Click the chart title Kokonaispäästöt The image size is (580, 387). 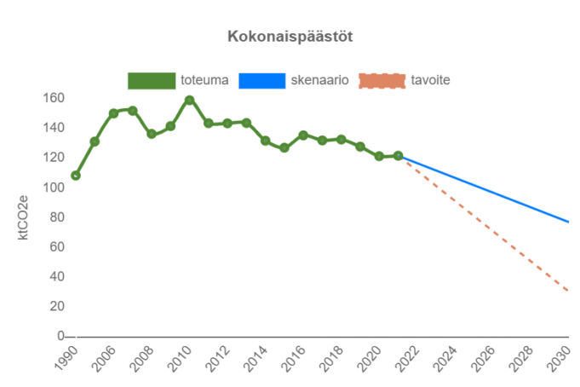290,37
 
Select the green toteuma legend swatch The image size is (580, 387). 152,80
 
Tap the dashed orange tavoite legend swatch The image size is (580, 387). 382,80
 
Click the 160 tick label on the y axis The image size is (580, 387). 54,99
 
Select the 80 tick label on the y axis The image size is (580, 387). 57,217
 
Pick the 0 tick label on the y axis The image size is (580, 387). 60,336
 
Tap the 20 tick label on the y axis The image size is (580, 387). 57,307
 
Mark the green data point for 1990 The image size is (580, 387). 76,176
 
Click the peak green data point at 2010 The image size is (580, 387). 189,100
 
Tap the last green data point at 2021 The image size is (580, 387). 398,156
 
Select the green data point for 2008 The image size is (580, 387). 152,134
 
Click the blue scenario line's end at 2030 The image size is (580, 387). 568,222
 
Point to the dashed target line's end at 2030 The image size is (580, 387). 568,292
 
